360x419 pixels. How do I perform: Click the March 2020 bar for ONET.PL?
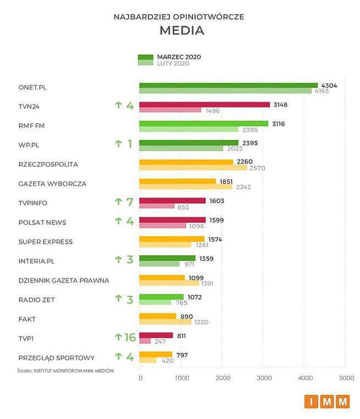228,85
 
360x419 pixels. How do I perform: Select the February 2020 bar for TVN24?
170,110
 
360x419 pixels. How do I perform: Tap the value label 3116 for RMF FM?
279,124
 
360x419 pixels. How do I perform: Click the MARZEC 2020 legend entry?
179,57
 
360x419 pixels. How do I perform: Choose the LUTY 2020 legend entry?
173,64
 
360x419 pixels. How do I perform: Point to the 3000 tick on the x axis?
264,378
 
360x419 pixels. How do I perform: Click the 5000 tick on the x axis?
346,378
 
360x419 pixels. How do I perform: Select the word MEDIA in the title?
182,31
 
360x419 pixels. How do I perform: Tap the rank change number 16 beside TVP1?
129,337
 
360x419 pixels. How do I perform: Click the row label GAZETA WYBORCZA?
52,183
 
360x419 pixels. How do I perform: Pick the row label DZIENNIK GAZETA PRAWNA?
64,280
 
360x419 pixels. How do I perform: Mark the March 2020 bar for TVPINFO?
172,201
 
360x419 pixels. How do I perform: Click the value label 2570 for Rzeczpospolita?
257,168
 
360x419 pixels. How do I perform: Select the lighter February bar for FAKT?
165,322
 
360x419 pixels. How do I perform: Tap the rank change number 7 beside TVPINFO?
130,202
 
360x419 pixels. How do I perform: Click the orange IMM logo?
327,402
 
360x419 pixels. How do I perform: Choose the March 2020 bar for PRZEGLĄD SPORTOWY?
156,355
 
